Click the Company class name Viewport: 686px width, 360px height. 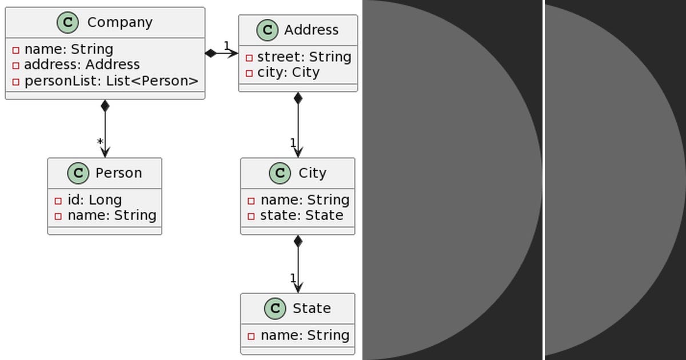click(119, 22)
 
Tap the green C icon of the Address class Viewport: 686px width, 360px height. click(267, 30)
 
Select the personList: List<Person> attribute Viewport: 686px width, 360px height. click(111, 81)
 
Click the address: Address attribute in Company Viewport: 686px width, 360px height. click(82, 65)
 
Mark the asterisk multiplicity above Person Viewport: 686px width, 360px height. click(100, 142)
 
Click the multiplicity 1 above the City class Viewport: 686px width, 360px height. click(293, 143)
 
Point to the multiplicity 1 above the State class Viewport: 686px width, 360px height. click(293, 278)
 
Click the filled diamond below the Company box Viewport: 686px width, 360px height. click(105, 106)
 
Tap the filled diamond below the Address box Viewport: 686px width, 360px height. click(298, 98)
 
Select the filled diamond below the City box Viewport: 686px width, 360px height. click(298, 241)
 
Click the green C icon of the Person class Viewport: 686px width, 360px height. click(78, 173)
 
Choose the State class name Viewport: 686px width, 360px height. click(312, 309)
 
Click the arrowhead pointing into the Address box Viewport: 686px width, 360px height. click(234, 54)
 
